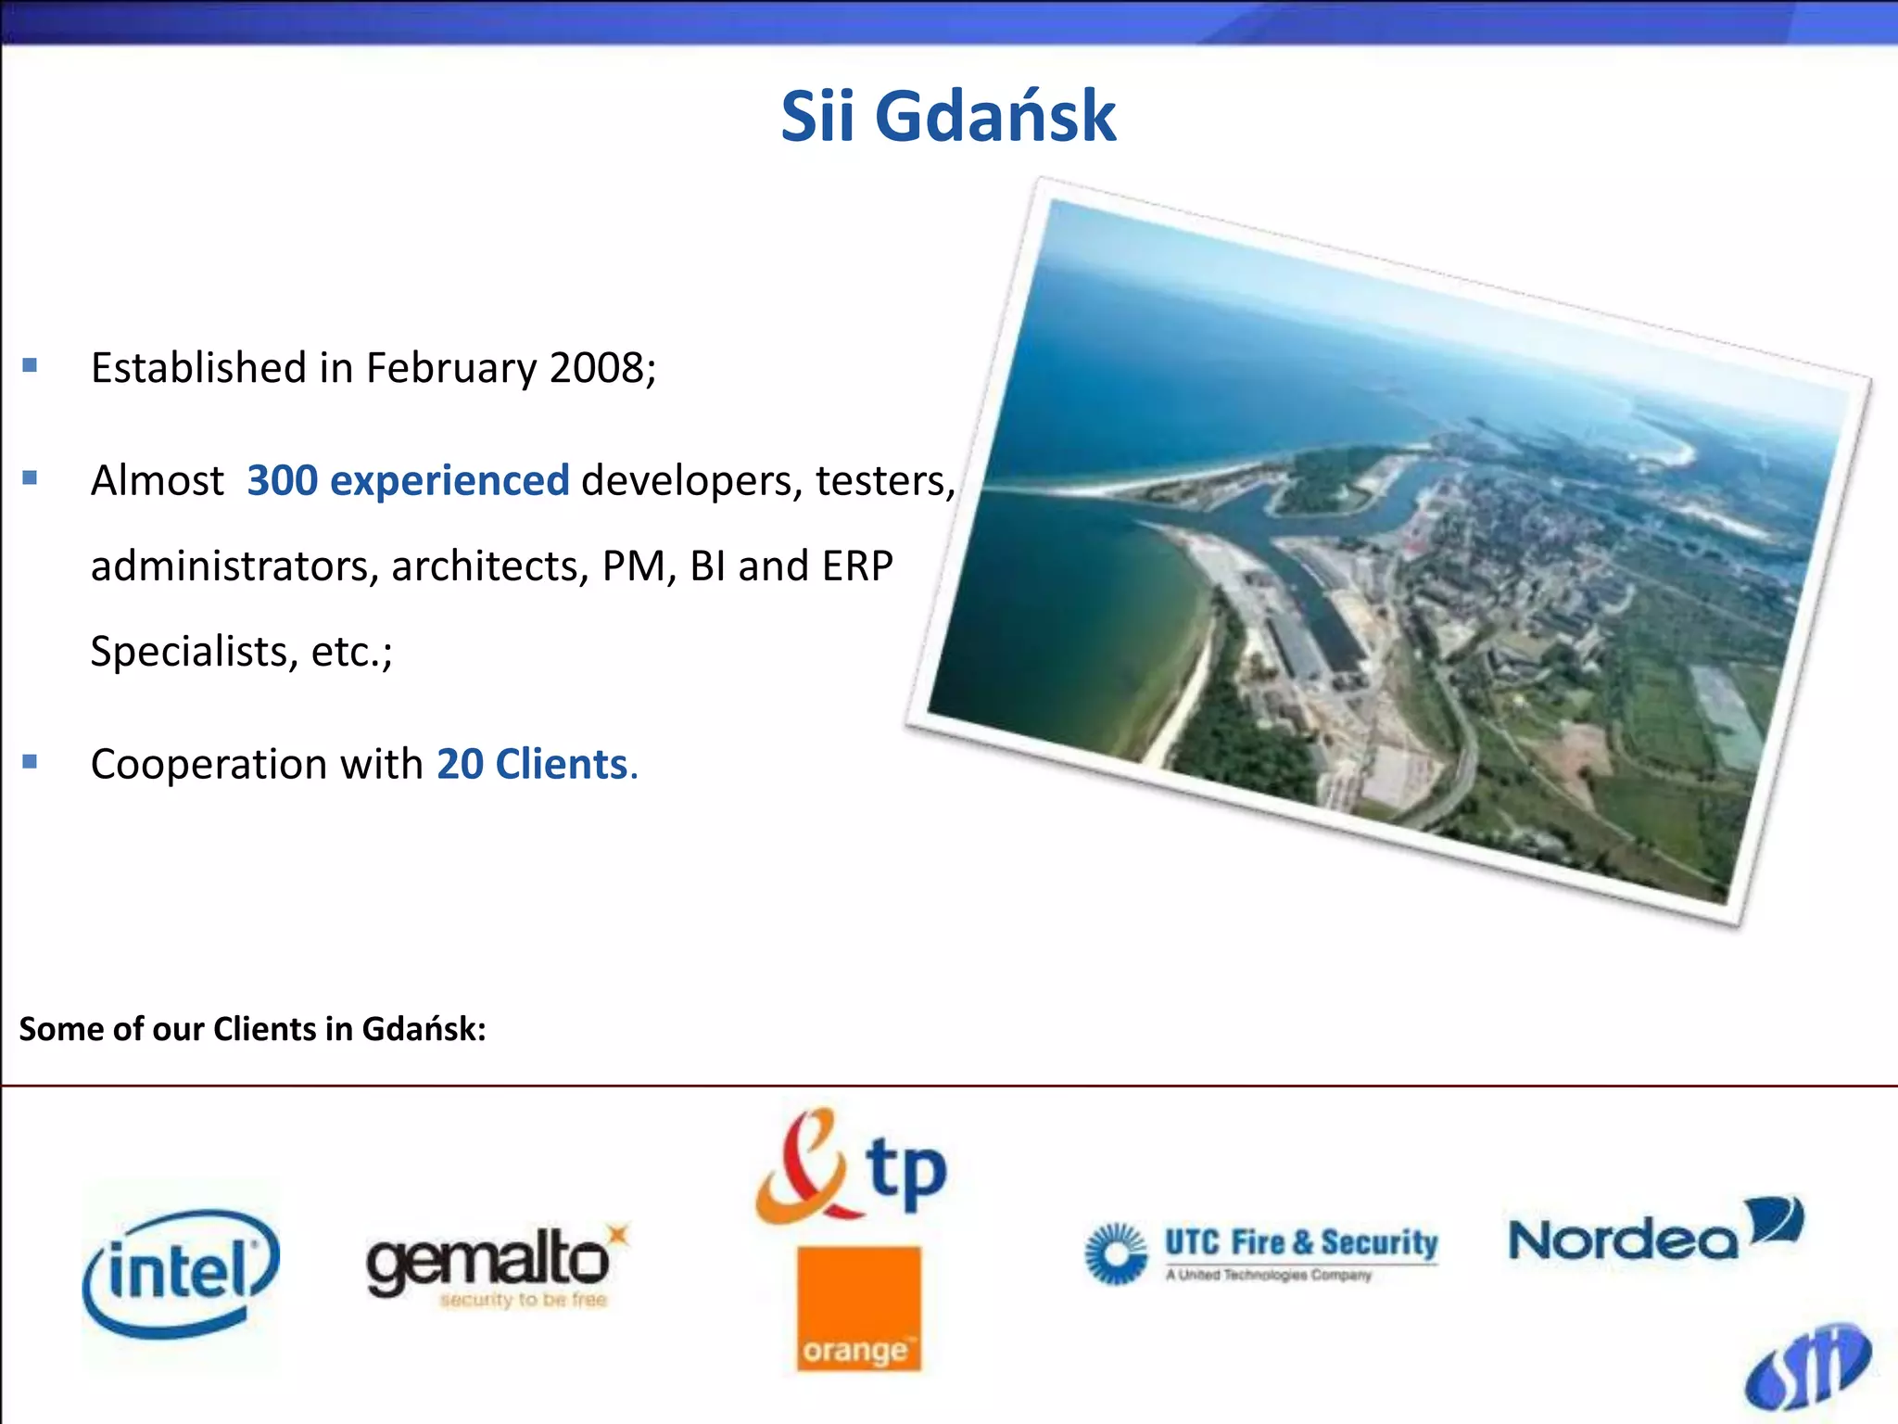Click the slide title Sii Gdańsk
pos(948,117)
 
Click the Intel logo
pos(181,1272)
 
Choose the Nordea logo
pos(1655,1233)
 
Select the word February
pos(450,368)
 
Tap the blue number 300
pos(283,480)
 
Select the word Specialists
pos(189,652)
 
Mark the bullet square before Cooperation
pos(30,762)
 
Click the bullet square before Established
pos(30,365)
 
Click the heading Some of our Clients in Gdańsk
pos(252,1029)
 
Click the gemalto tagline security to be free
pos(524,1300)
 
